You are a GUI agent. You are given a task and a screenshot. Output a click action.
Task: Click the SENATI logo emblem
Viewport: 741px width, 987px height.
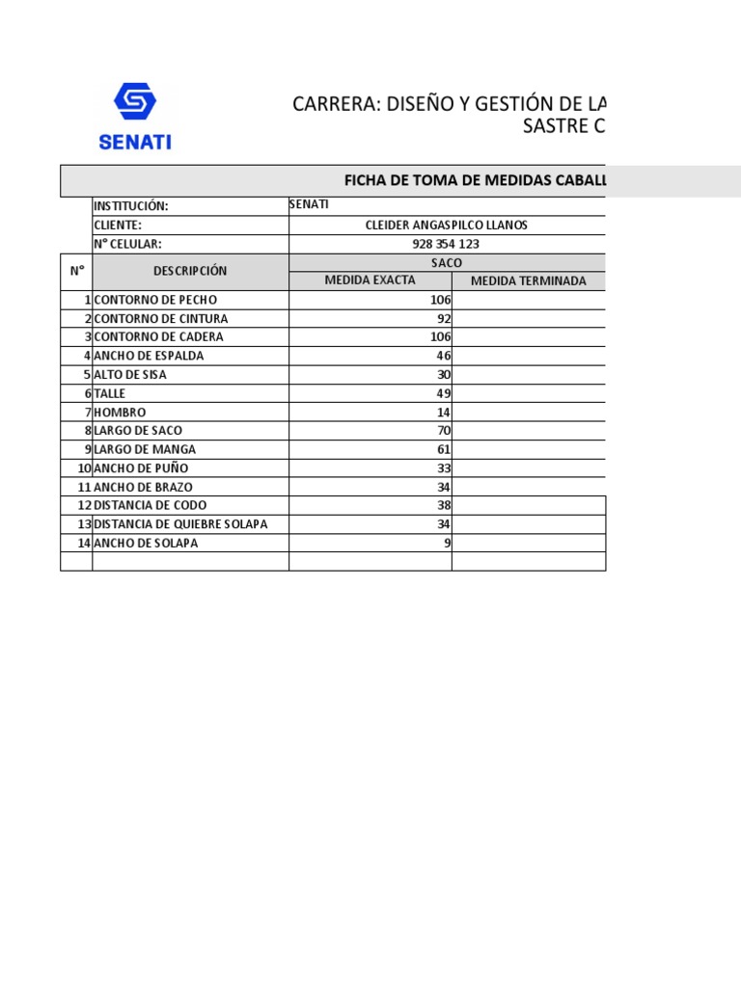(135, 101)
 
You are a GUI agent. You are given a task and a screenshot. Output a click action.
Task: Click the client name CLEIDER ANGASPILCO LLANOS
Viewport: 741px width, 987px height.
(446, 226)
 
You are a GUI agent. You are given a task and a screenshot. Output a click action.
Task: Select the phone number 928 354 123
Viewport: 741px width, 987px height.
(446, 244)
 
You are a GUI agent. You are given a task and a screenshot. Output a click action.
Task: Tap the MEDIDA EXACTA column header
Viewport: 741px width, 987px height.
(370, 280)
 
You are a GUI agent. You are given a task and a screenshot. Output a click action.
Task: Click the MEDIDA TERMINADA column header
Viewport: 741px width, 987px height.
(528, 281)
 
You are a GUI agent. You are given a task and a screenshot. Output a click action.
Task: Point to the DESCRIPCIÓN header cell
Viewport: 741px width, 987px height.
(190, 271)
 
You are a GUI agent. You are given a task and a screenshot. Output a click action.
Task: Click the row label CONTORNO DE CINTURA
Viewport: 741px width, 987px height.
(161, 319)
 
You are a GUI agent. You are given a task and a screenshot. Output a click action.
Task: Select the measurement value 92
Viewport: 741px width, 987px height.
(444, 319)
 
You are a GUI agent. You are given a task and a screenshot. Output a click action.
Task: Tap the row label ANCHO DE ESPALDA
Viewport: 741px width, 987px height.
(149, 356)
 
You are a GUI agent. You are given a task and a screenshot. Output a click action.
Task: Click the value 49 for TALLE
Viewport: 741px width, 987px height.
(444, 393)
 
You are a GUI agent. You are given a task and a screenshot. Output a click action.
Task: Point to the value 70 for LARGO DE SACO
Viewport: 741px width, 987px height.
(444, 431)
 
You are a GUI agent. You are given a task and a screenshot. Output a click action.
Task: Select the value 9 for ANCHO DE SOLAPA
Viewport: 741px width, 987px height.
(447, 543)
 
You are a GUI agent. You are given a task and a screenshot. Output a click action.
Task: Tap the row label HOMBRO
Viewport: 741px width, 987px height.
(120, 413)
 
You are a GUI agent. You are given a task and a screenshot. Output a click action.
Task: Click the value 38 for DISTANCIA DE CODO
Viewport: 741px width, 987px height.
(444, 505)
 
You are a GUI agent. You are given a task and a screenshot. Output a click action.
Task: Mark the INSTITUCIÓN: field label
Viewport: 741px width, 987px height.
(131, 206)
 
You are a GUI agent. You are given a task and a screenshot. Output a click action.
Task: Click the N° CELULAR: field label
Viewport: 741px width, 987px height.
(127, 244)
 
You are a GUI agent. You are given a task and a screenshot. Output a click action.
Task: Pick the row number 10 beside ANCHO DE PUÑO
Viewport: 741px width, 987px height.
(84, 468)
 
